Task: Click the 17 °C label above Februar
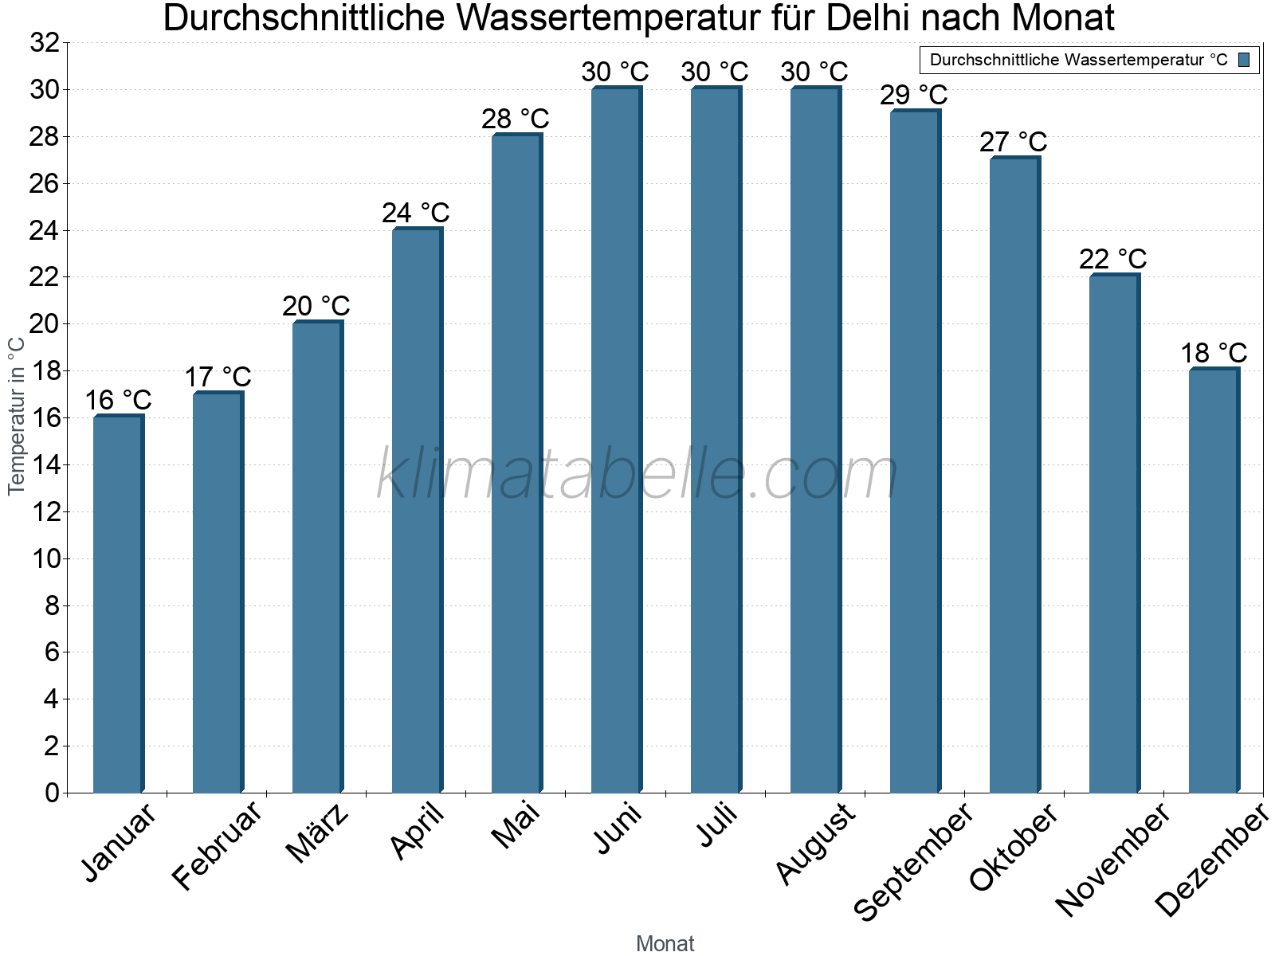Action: coord(218,377)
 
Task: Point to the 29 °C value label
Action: coord(914,96)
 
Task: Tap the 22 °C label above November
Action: coord(1113,260)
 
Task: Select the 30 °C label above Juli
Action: coord(715,72)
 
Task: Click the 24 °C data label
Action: coord(416,214)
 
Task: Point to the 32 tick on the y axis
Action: coord(45,43)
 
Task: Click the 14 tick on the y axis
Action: coord(45,465)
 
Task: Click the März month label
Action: coord(317,833)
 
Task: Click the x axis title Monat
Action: coord(665,943)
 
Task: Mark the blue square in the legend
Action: coord(1244,60)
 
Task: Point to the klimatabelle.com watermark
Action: coord(637,475)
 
